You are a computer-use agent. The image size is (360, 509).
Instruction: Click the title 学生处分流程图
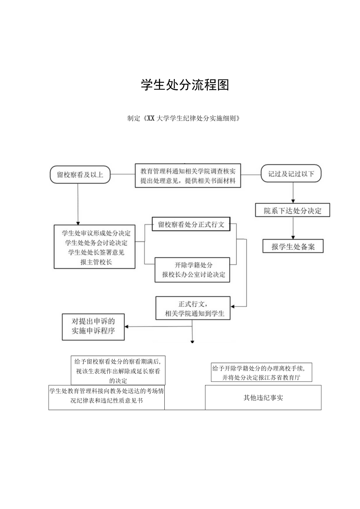click(x=185, y=85)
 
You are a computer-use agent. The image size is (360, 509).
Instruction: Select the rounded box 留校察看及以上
click(x=80, y=174)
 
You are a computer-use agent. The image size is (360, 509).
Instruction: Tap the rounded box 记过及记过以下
click(x=291, y=174)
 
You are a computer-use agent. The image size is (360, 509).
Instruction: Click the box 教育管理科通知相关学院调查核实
click(x=188, y=175)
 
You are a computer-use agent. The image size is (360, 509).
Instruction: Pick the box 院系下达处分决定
click(x=293, y=210)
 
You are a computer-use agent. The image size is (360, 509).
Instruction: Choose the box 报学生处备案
click(x=293, y=246)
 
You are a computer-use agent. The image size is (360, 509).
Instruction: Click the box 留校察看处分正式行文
click(x=191, y=225)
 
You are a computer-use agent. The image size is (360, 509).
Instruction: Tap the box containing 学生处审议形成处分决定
click(x=95, y=246)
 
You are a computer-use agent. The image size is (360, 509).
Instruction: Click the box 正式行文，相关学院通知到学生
click(x=193, y=309)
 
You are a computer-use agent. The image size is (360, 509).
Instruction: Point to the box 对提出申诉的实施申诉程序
click(x=93, y=327)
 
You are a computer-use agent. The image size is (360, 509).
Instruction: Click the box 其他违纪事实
click(x=263, y=397)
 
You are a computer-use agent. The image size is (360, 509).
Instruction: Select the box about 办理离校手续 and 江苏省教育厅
click(x=261, y=372)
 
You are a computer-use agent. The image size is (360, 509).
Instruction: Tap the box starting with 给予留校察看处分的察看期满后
click(x=118, y=370)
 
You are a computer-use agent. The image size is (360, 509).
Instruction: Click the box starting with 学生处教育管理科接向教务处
click(x=106, y=397)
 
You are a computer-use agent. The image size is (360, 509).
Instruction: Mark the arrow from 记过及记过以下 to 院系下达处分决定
click(x=293, y=193)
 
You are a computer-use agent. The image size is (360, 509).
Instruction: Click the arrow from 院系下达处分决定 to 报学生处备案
click(x=293, y=228)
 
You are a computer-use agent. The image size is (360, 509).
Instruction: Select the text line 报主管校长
click(x=95, y=262)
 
